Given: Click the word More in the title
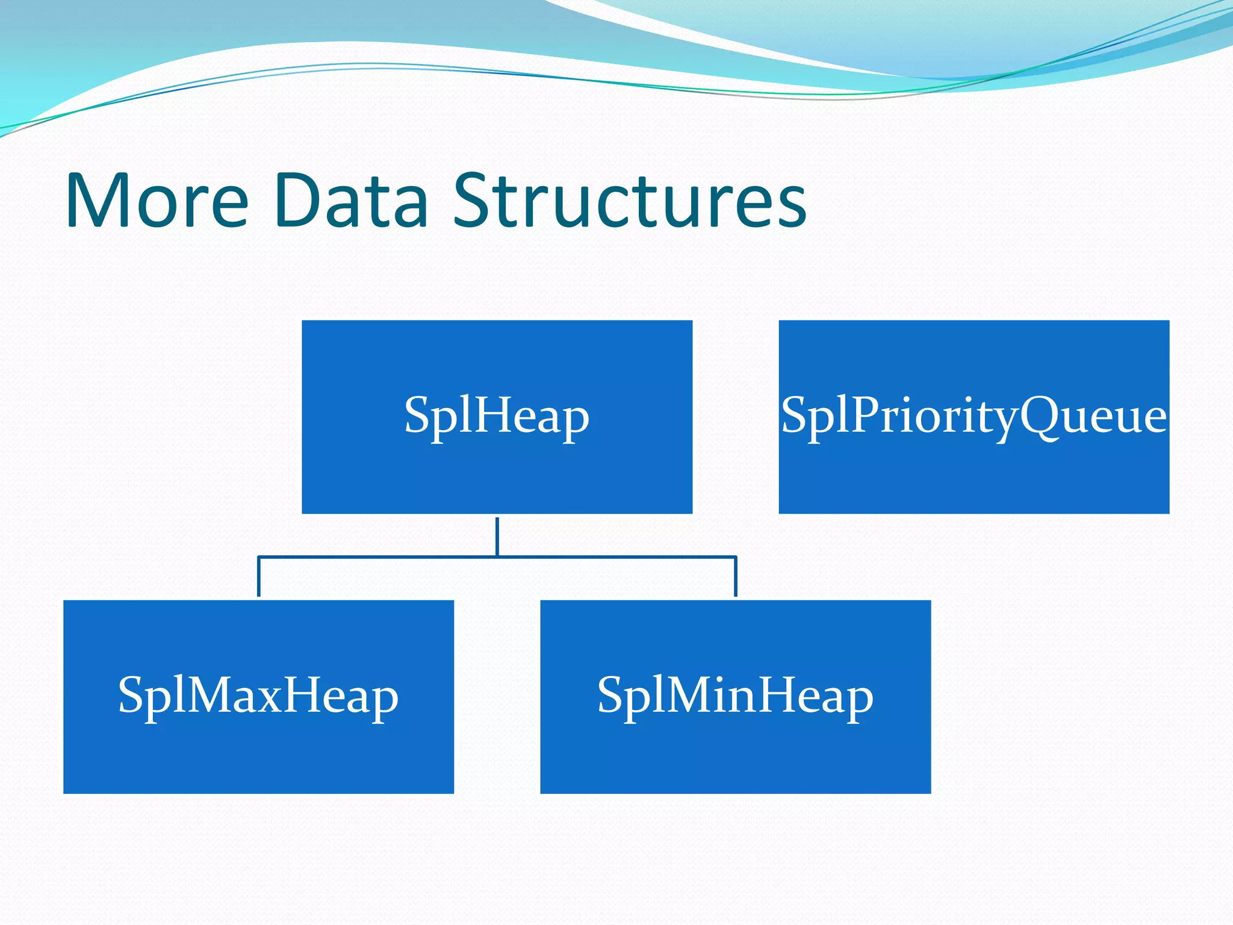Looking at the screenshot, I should pos(157,201).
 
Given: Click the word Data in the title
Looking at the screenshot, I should pos(350,201).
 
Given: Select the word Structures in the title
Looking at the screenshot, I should pos(629,201).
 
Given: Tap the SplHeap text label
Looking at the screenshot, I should pos(497,416).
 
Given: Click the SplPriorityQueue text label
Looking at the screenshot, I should pos(974,416).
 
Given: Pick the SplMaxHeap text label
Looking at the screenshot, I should pos(258,696).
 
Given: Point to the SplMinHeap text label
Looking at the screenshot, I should pos(735,696).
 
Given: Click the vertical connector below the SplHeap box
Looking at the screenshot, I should pos(497,536).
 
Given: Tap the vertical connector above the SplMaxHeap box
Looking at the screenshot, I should pos(259,577).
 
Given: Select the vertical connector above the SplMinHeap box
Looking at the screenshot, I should pos(736,577).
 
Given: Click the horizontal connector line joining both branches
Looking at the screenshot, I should pos(614,557).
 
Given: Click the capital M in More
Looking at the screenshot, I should pos(102,201).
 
